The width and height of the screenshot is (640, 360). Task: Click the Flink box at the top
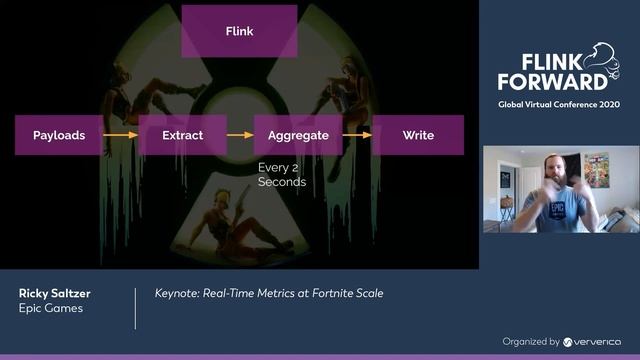[239, 31]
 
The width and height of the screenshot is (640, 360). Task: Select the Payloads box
[59, 135]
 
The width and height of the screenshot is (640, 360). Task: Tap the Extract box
[183, 135]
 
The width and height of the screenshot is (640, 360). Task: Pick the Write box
[418, 135]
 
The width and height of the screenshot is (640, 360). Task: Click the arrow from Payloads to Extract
[121, 135]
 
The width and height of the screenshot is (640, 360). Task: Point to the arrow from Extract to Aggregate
[240, 135]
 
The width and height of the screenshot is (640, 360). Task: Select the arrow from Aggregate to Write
[358, 135]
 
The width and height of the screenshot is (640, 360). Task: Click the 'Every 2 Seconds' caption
[282, 176]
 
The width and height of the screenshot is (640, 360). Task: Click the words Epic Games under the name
[49, 310]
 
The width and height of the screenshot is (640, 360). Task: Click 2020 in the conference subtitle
[606, 105]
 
